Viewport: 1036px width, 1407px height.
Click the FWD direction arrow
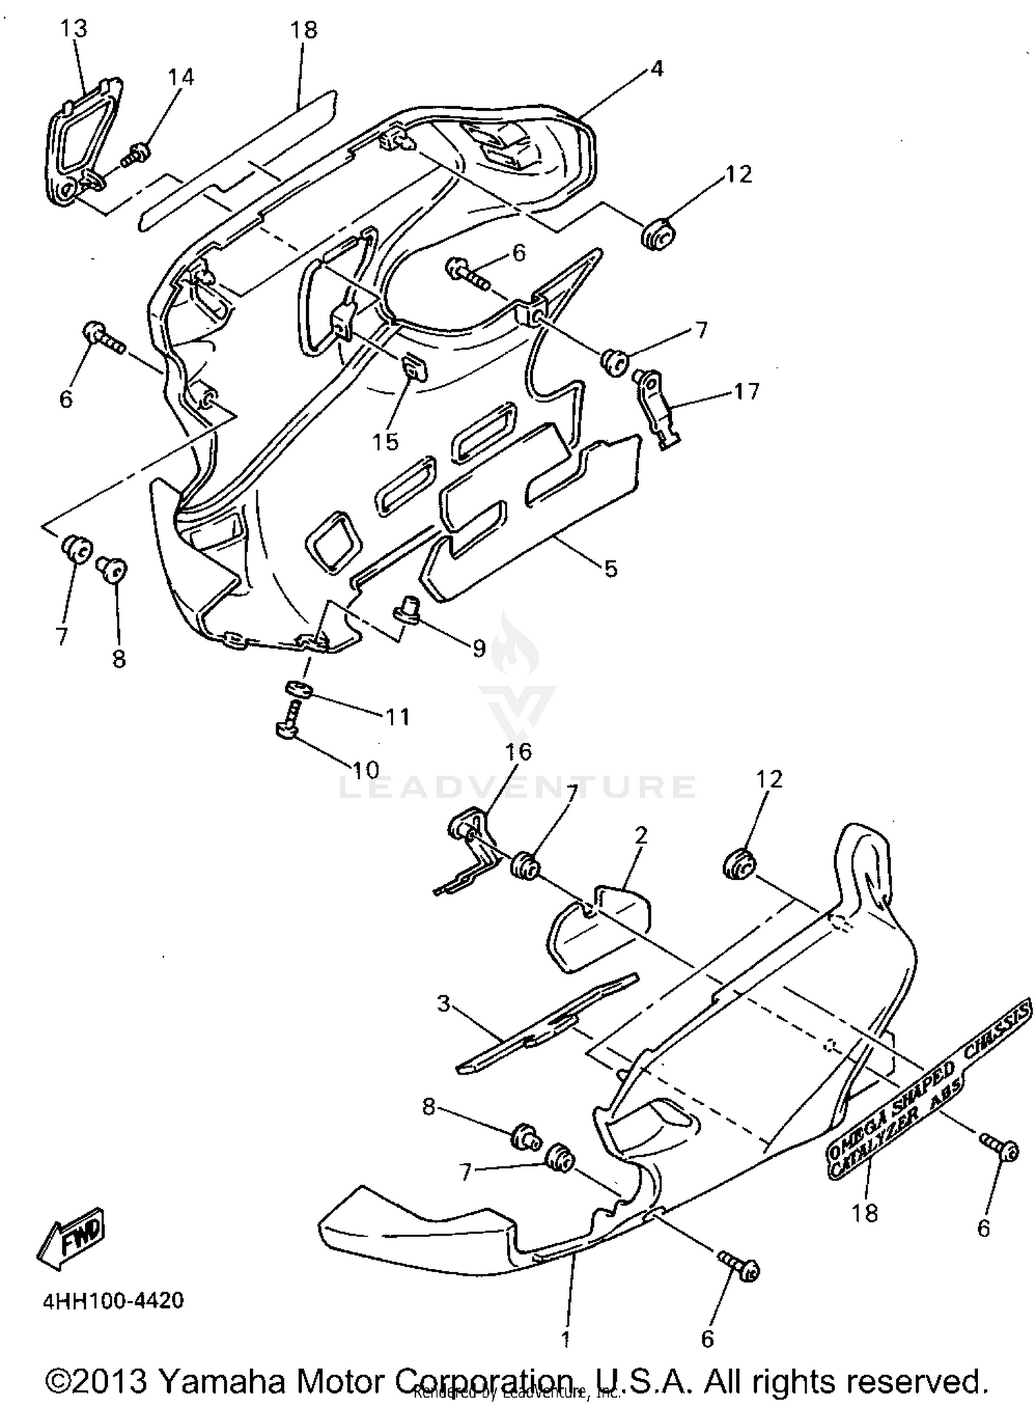click(71, 1238)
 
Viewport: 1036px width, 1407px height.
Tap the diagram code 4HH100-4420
click(113, 1301)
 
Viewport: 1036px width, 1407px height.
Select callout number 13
click(74, 29)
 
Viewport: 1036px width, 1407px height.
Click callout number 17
click(746, 391)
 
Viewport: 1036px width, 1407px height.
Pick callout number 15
click(385, 442)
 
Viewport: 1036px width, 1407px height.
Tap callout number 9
click(479, 648)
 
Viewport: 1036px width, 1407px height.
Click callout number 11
click(397, 717)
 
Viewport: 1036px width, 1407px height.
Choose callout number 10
click(365, 768)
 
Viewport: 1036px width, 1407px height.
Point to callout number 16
click(519, 751)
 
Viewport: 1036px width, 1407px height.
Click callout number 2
click(641, 835)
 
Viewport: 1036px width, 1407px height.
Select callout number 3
click(443, 1003)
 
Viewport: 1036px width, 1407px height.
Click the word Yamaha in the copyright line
click(222, 1381)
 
